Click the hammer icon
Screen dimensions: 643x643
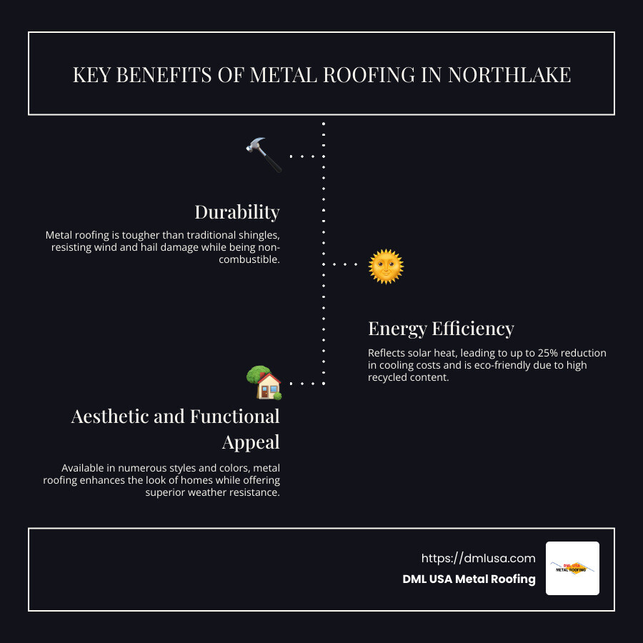point(264,154)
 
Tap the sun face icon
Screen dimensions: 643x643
point(386,266)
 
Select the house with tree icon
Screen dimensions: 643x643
point(264,383)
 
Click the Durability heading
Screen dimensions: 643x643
point(236,212)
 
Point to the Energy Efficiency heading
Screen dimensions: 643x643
point(441,329)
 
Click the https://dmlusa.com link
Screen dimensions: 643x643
point(478,558)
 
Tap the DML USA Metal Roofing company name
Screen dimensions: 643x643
point(469,579)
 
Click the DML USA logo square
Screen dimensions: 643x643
point(572,568)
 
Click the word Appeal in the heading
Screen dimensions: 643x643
point(250,442)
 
